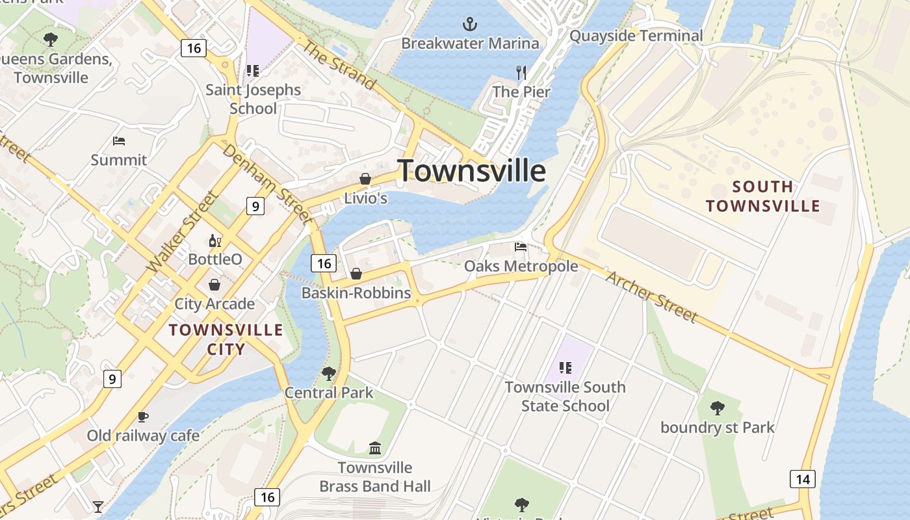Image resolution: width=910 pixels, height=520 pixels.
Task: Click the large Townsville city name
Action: (471, 171)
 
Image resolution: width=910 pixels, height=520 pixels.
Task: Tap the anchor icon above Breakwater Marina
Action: (470, 25)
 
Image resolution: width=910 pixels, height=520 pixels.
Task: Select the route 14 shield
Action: (803, 479)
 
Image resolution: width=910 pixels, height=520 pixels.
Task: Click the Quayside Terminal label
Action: (636, 36)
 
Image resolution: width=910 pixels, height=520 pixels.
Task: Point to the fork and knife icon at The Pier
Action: (521, 73)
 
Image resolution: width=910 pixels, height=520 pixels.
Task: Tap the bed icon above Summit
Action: (118, 140)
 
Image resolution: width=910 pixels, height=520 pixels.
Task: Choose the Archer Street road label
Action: (652, 296)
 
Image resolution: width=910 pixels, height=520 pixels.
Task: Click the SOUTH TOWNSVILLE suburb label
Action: (763, 196)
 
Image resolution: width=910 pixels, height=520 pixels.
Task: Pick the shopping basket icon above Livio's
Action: (365, 179)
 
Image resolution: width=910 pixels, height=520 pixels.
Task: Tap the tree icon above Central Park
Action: (329, 374)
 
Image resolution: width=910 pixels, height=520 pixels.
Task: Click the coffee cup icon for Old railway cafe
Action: (143, 417)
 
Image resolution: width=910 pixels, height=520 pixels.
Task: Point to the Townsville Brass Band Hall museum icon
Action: (375, 448)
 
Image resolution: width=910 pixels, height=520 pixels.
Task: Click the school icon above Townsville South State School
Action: (565, 368)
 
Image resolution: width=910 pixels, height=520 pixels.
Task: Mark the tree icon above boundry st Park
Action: (717, 408)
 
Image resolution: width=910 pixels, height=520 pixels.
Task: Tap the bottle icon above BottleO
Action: (214, 241)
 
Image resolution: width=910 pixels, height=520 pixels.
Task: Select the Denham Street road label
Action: (267, 182)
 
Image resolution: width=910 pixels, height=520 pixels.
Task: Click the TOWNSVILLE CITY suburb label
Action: (226, 339)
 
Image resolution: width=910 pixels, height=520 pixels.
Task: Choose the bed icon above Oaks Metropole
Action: (521, 247)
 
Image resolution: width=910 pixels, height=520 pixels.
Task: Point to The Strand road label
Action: (339, 66)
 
